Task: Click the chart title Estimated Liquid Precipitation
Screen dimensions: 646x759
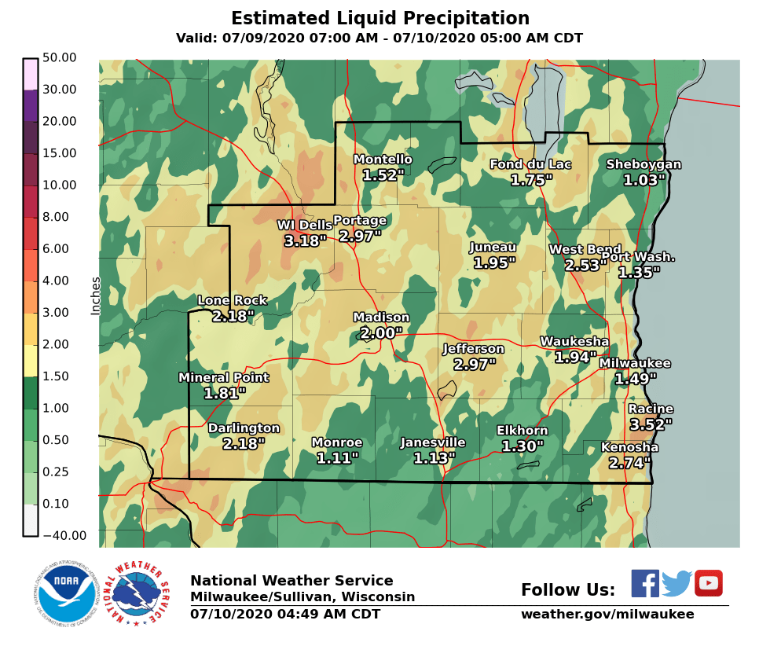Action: [379, 18]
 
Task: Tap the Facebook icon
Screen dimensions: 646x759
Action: [644, 583]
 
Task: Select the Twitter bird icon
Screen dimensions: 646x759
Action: [676, 583]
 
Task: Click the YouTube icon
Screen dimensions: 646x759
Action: [708, 583]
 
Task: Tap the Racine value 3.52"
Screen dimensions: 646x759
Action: [651, 425]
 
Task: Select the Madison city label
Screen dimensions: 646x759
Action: [381, 317]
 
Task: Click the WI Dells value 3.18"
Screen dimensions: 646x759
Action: [305, 241]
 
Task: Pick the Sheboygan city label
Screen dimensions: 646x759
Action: [643, 164]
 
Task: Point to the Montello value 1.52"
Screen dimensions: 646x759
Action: [383, 176]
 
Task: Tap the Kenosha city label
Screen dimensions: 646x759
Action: [629, 447]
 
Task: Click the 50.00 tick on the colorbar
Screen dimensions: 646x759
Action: [59, 57]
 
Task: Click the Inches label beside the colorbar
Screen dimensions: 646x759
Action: [96, 295]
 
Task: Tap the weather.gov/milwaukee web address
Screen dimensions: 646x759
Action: [607, 615]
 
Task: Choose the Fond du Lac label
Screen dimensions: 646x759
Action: [530, 164]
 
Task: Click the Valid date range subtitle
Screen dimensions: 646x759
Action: [379, 39]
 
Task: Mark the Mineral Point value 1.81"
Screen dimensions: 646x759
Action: [224, 393]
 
